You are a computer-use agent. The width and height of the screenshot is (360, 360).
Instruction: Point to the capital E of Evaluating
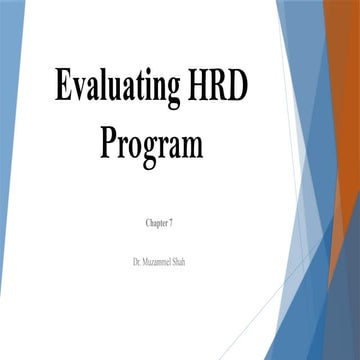[65, 89]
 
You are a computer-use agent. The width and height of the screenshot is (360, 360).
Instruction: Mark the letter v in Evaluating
[79, 92]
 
